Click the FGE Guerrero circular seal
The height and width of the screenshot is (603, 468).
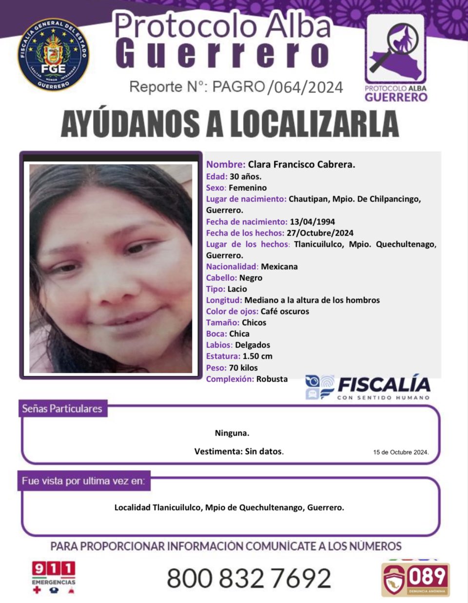tap(54, 55)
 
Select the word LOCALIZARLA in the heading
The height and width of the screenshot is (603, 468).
tap(314, 124)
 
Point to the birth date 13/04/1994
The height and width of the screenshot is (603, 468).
tap(312, 221)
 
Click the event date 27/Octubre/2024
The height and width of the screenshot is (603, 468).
tap(320, 233)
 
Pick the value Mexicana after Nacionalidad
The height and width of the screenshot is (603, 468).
tap(279, 266)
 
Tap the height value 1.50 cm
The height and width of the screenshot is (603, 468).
tap(257, 356)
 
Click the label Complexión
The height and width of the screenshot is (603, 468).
tap(230, 379)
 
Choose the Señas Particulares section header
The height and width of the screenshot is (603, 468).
tap(62, 409)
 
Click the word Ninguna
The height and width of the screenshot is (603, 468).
tap(232, 433)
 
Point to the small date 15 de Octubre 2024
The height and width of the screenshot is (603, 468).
tap(401, 452)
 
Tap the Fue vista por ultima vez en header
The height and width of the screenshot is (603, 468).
tap(83, 481)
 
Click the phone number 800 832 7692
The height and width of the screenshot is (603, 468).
tap(249, 578)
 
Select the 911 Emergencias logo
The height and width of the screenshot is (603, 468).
tap(54, 577)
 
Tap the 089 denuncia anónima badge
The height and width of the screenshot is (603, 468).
tap(415, 579)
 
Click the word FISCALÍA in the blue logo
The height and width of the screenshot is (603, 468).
tap(384, 385)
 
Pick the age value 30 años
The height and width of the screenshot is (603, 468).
tap(245, 176)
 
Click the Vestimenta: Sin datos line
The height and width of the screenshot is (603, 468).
tap(239, 451)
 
